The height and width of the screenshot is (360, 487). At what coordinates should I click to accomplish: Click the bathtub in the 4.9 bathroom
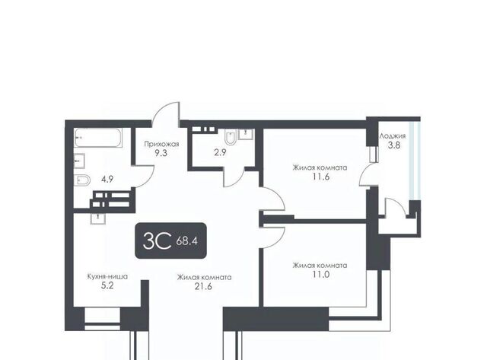pos(98,138)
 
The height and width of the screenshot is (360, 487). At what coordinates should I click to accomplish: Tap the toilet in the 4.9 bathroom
pos(82,180)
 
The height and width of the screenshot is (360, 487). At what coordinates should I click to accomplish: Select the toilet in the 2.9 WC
pos(231,138)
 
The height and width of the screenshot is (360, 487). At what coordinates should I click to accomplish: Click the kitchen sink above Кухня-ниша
pos(98,218)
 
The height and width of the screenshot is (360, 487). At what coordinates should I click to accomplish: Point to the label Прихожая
pos(161,144)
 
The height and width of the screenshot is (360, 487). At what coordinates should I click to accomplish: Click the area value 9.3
pos(161,153)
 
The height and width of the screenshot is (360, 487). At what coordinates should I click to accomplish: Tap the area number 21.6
pos(203,286)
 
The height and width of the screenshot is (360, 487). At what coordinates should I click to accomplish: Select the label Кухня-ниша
pos(107,276)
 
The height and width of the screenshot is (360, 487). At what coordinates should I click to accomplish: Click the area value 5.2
pos(107,285)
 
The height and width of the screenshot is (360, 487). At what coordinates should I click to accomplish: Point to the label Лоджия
pos(393,136)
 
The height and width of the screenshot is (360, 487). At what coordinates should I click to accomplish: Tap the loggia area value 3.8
pos(394,145)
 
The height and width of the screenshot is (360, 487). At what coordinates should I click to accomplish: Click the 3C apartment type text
pos(157,241)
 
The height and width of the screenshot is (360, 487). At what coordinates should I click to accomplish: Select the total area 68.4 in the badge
pos(187,241)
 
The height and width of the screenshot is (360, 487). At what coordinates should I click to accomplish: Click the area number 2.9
pos(220,152)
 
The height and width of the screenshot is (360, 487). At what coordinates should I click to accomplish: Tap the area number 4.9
pos(107,179)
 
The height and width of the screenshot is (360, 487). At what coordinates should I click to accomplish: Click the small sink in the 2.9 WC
pos(246,134)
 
